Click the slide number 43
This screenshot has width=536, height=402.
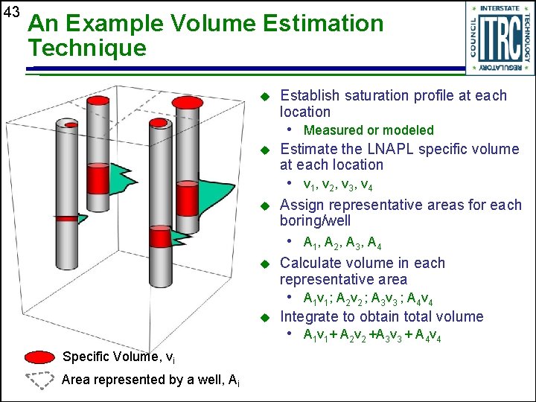10,13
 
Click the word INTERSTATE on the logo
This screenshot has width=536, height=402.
500,9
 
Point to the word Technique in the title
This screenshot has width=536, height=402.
87,49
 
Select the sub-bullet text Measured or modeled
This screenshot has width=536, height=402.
368,130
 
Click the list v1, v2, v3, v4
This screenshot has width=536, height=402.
338,185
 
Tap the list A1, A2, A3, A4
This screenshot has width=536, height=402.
343,242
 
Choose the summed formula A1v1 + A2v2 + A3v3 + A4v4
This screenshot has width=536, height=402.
372,336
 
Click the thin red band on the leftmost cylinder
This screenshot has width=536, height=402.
66,218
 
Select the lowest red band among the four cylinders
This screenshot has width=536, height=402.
159,238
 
